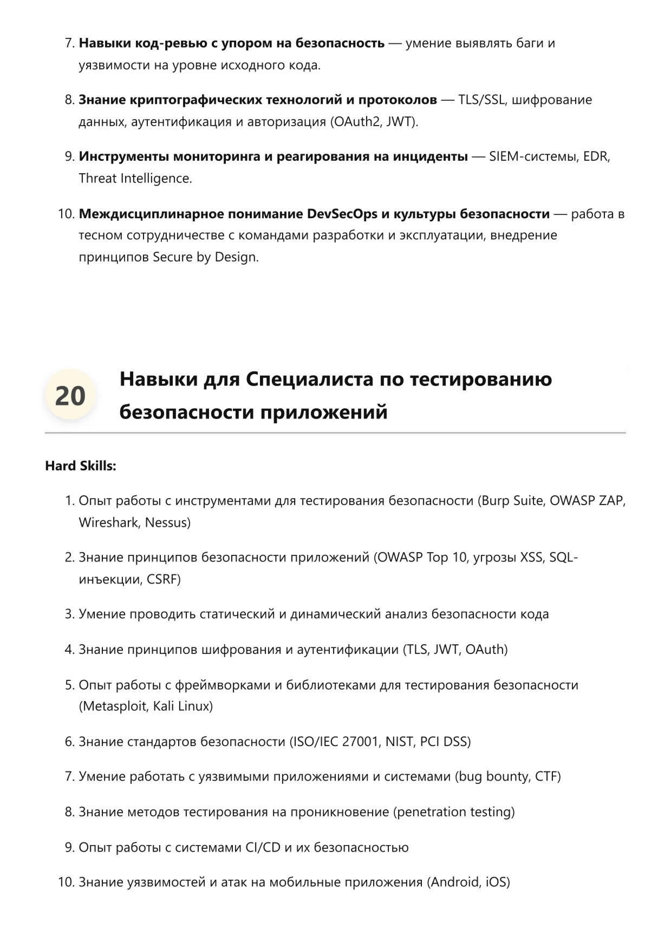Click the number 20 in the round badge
[x=70, y=396]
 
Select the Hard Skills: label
[x=81, y=466]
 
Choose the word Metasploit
[x=115, y=706]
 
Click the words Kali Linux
[x=181, y=706]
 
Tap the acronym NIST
[x=400, y=742]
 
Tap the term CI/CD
[x=263, y=847]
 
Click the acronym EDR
[x=596, y=157]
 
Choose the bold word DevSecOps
[x=342, y=214]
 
